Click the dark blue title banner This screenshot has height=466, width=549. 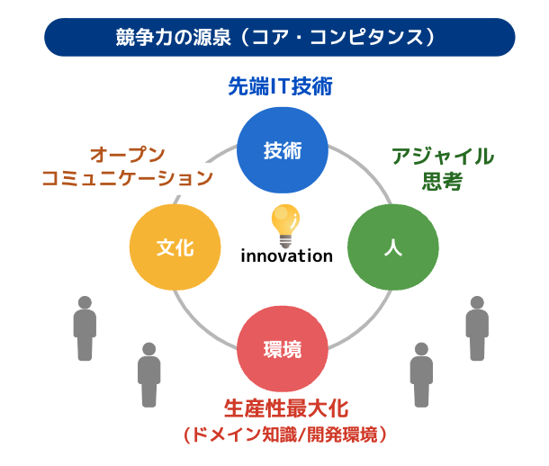point(279,37)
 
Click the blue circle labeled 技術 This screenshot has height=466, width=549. point(283,150)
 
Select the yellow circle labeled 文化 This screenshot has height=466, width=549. point(175,247)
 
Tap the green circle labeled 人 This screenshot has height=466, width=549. point(392,247)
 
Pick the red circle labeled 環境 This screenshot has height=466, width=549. point(283,349)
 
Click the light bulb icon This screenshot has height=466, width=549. point(285,226)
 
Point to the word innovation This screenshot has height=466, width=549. point(286,256)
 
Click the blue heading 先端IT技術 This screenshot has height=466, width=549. point(280,86)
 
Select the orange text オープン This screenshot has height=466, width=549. point(128,155)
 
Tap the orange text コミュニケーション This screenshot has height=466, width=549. point(128,178)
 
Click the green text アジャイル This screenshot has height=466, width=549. point(443,156)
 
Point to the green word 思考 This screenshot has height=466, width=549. point(442,181)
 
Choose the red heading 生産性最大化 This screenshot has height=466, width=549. point(286,408)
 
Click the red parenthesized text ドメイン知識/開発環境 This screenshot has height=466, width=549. point(285,435)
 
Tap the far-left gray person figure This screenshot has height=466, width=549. point(85,328)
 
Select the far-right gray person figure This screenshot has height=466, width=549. point(477,328)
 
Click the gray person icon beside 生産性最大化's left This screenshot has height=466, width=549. point(149,374)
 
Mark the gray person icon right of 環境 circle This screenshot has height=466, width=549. point(421,374)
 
